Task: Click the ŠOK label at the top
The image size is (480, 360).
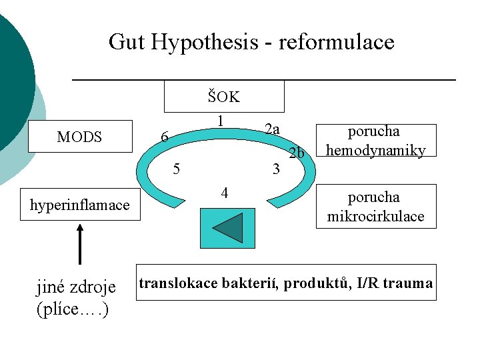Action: [223, 97]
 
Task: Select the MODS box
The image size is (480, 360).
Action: [79, 137]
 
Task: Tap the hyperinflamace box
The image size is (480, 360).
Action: [79, 205]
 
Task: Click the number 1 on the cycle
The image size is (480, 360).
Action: [219, 121]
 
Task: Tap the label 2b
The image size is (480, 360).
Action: [297, 153]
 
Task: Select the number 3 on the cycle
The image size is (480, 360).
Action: [276, 169]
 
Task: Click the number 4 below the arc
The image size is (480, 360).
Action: [225, 193]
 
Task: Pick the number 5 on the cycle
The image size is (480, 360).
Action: [176, 168]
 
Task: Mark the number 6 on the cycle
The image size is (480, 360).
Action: [163, 138]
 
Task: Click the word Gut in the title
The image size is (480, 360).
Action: [127, 43]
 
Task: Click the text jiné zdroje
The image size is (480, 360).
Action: [75, 287]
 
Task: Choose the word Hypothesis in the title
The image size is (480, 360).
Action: [204, 43]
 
